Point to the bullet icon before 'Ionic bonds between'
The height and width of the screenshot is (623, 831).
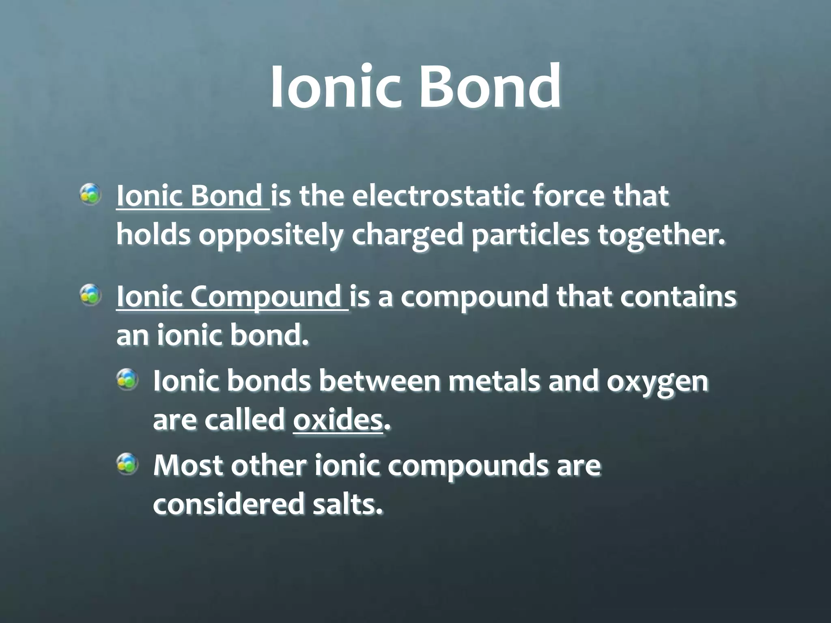[127, 380]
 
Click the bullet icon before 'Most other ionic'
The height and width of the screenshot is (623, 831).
[127, 464]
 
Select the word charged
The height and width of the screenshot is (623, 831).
[407, 236]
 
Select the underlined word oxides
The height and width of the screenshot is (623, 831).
[338, 421]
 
